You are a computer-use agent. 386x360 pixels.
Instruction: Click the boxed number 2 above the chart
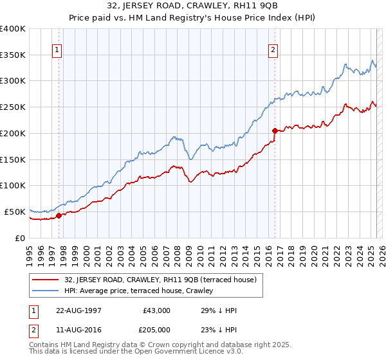[x=273, y=50]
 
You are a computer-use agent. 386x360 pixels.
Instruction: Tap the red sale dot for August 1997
[x=59, y=215]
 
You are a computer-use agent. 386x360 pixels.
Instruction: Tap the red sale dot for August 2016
[x=275, y=130]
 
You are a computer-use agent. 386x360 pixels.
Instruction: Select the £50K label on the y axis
[x=14, y=212]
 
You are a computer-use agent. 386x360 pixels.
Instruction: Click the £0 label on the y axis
[x=20, y=238]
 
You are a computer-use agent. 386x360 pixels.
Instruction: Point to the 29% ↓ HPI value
[x=219, y=310]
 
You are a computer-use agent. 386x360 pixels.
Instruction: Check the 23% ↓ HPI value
[x=219, y=330]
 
